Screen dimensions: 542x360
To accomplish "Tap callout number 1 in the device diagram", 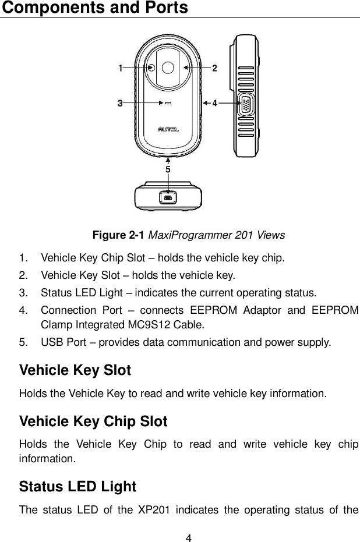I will point(121,68).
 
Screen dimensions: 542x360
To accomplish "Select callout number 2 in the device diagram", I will point(214,68).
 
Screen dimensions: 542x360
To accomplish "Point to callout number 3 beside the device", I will point(120,104).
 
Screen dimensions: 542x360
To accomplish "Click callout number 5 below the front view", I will point(168,169).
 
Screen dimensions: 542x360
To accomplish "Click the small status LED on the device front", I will point(168,104).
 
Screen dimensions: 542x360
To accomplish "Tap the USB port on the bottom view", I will point(168,199).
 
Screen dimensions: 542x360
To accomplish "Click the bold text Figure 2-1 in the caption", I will point(119,235).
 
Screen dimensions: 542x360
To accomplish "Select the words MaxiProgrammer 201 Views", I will point(217,235).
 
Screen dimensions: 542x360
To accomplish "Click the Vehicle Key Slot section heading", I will point(75,370).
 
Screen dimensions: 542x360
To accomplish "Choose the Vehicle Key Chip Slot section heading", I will point(93,421).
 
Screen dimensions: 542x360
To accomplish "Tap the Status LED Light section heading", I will point(77,486).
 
